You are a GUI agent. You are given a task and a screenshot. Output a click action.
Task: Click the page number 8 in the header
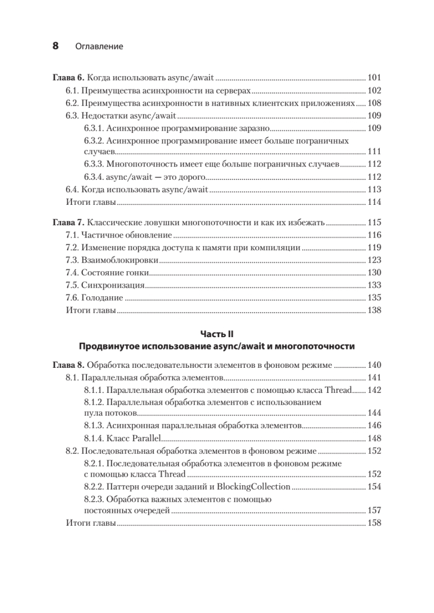pos(56,46)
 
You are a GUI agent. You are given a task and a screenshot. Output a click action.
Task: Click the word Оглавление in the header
pos(99,46)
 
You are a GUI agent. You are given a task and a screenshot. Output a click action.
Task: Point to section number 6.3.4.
pos(94,177)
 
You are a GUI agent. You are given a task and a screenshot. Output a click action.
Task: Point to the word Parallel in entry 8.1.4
pos(145,438)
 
